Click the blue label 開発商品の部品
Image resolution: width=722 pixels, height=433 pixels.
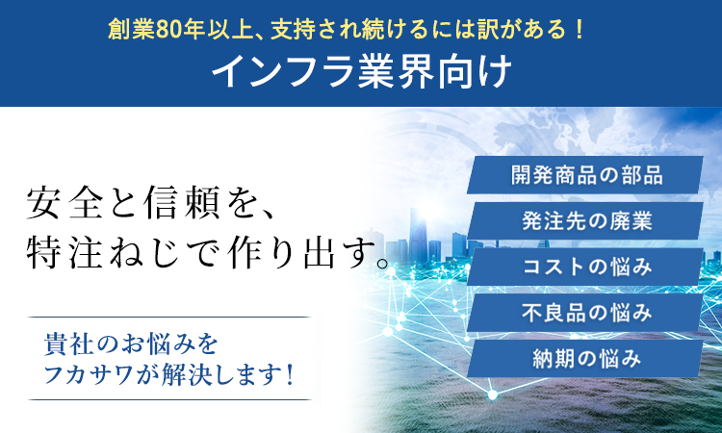click(x=586, y=175)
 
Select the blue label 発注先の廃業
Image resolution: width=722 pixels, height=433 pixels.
click(x=586, y=221)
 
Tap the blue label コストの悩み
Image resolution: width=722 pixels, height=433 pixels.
click(x=586, y=267)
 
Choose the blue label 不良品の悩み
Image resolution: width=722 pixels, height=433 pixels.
click(x=586, y=313)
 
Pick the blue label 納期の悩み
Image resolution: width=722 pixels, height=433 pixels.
click(x=586, y=359)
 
